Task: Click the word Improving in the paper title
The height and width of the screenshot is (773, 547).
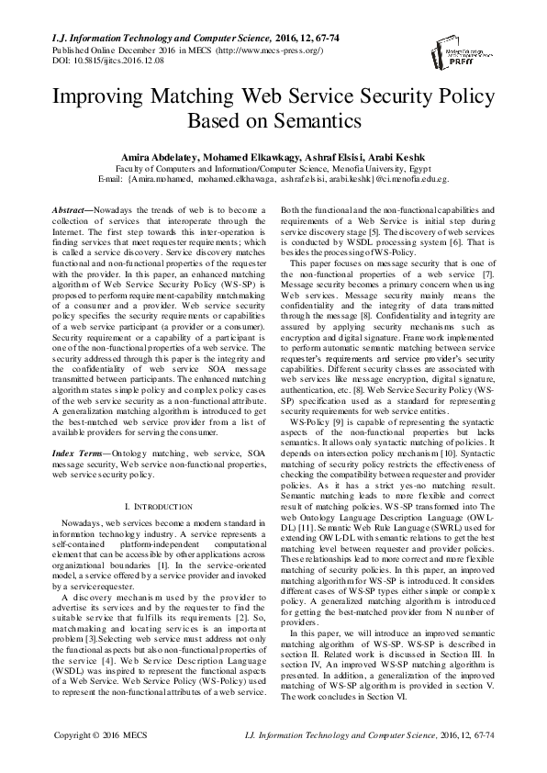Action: tap(105, 96)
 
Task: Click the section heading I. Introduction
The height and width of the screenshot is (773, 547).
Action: tap(151, 507)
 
